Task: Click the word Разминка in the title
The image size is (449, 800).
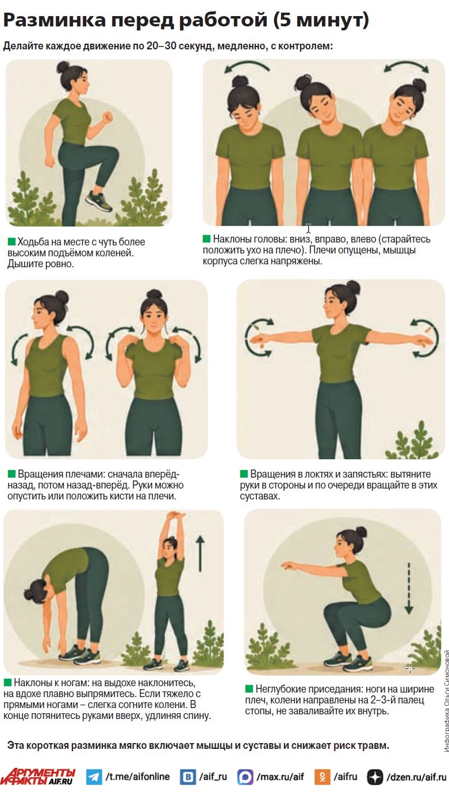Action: (x=55, y=20)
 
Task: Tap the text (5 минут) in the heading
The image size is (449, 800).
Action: (x=321, y=20)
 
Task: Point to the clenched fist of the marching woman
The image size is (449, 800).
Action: (x=107, y=117)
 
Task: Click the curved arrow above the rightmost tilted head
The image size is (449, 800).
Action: (x=406, y=66)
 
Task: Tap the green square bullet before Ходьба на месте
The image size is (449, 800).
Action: (x=11, y=242)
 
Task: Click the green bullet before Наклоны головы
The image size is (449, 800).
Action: (x=206, y=239)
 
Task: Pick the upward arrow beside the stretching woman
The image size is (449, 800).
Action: (x=200, y=553)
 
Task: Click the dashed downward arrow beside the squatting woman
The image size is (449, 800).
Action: (x=409, y=588)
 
